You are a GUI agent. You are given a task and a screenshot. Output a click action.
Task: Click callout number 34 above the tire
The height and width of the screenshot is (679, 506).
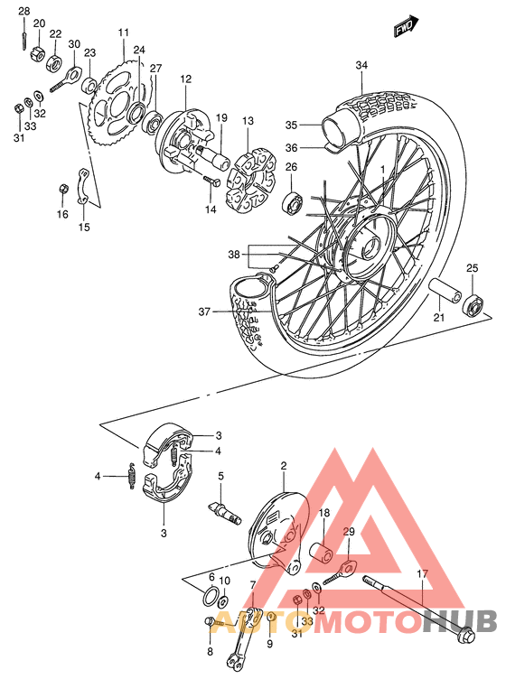coord(361,65)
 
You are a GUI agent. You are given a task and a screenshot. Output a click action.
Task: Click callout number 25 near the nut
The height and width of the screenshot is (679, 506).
coord(472,268)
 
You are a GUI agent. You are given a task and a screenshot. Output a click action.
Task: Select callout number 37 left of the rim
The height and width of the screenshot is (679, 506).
coord(205,312)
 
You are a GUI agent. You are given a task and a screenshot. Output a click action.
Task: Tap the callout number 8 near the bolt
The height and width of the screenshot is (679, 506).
coord(210,650)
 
